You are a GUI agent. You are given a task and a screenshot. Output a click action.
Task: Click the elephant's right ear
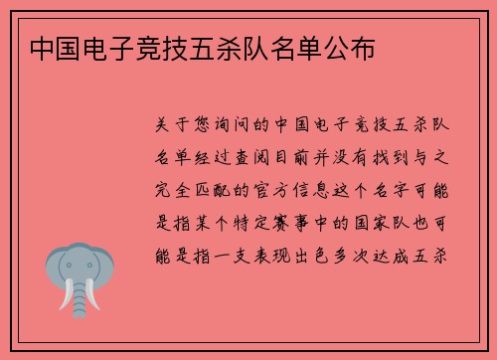click(105, 265)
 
